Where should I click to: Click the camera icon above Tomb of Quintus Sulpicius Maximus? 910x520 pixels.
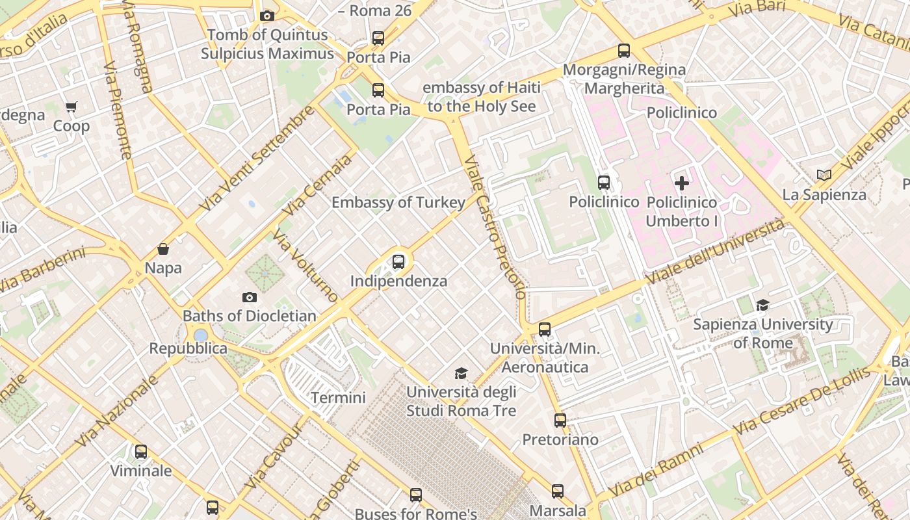tap(266, 16)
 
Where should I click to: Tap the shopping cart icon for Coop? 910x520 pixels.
tap(71, 107)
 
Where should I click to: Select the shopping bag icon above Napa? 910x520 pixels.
tap(163, 249)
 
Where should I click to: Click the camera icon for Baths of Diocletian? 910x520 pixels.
tap(249, 297)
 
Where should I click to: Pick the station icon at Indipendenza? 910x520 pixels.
tap(398, 262)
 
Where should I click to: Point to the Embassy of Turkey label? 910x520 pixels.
tap(398, 202)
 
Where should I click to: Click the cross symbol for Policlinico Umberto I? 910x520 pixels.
tap(682, 183)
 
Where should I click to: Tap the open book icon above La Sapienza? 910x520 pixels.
tap(824, 175)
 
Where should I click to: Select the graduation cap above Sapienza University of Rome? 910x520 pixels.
tap(762, 305)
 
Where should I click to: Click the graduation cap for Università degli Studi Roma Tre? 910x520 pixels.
tap(461, 373)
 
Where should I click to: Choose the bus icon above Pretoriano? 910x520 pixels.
tap(560, 421)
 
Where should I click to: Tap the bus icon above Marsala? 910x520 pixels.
tap(558, 491)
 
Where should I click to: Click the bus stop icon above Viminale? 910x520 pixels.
tap(141, 451)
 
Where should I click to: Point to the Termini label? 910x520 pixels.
tap(338, 397)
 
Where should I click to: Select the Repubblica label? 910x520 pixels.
tap(188, 348)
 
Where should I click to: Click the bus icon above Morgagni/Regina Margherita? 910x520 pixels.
tap(624, 50)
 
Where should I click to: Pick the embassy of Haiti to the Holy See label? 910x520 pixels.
tap(481, 97)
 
